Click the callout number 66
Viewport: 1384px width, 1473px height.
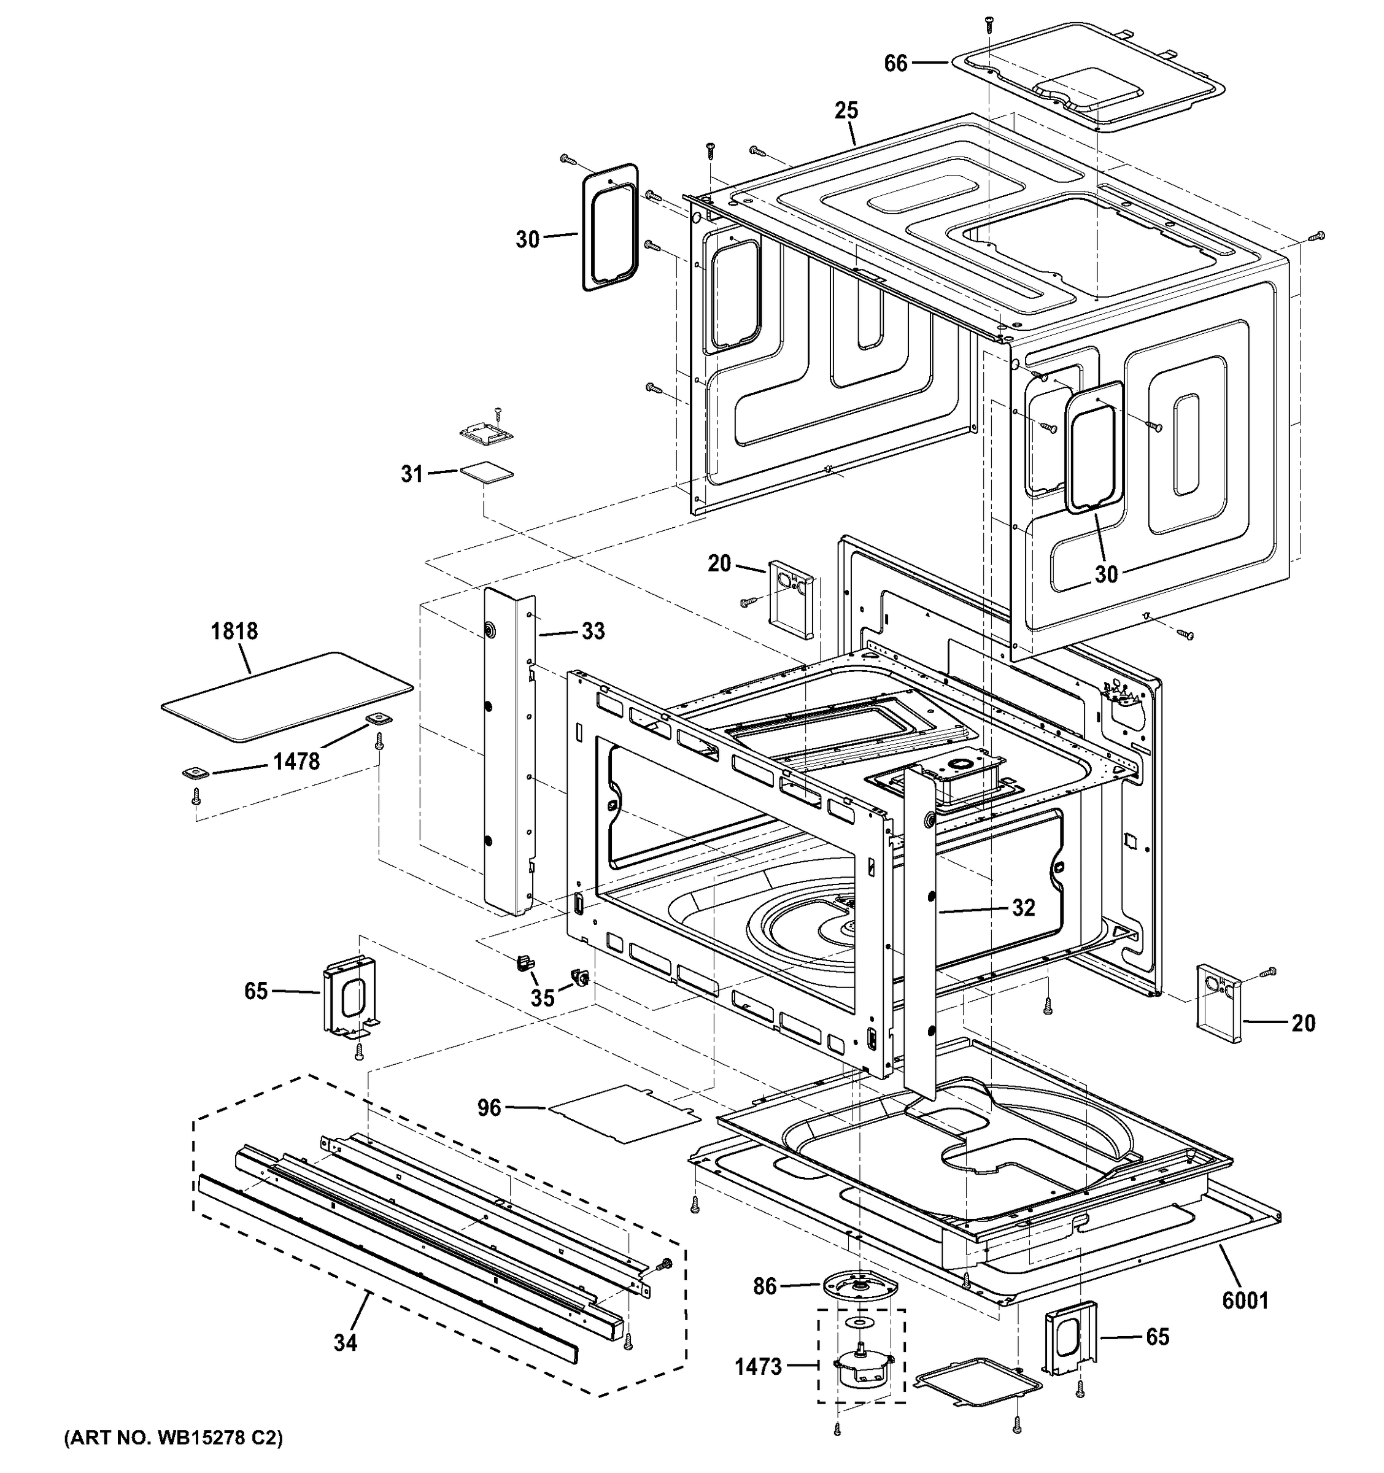pos(895,64)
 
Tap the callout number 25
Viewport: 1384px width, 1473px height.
pos(846,111)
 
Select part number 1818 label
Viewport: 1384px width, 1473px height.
pos(234,632)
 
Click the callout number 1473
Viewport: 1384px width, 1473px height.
pos(759,1366)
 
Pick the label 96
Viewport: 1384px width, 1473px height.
pos(489,1108)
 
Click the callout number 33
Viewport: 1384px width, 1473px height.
pos(593,632)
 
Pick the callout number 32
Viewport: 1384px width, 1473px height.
pos(1023,908)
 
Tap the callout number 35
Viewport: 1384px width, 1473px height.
pos(543,997)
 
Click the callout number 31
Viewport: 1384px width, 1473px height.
pos(411,473)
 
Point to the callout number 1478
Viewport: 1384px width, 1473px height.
pos(296,761)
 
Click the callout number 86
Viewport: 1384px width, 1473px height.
pos(765,1286)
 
